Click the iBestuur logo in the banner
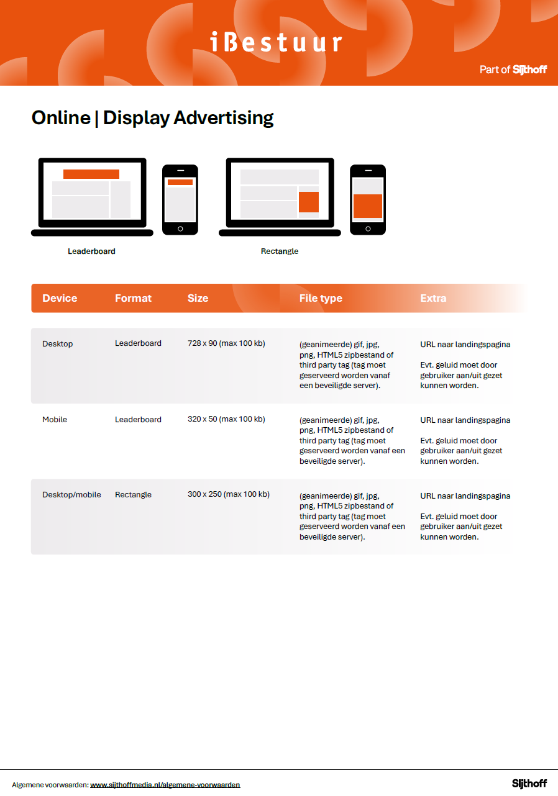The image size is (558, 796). tap(276, 42)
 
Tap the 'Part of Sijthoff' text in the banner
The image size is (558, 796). tap(513, 70)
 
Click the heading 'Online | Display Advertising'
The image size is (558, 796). tap(152, 117)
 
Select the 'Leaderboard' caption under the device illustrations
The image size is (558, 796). tap(91, 251)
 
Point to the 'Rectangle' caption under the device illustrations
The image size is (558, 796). tap(280, 251)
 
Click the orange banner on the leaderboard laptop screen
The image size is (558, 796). tap(91, 174)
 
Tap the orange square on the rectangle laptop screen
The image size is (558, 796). tap(309, 202)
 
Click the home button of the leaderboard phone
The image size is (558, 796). tap(180, 228)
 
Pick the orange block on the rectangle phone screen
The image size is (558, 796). tap(368, 206)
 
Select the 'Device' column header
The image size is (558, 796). tap(60, 298)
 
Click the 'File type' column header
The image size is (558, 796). tap(321, 298)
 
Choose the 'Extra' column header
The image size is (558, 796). tap(433, 298)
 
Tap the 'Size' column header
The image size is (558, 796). tap(198, 298)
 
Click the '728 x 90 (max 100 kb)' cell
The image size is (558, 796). tap(226, 343)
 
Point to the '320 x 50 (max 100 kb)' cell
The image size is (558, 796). tap(226, 419)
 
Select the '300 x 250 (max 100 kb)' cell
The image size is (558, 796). tap(228, 494)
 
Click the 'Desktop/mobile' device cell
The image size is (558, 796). tap(71, 495)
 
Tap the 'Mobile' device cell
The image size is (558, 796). tap(55, 420)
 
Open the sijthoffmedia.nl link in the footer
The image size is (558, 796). tap(165, 785)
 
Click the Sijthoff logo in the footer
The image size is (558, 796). tap(529, 784)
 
